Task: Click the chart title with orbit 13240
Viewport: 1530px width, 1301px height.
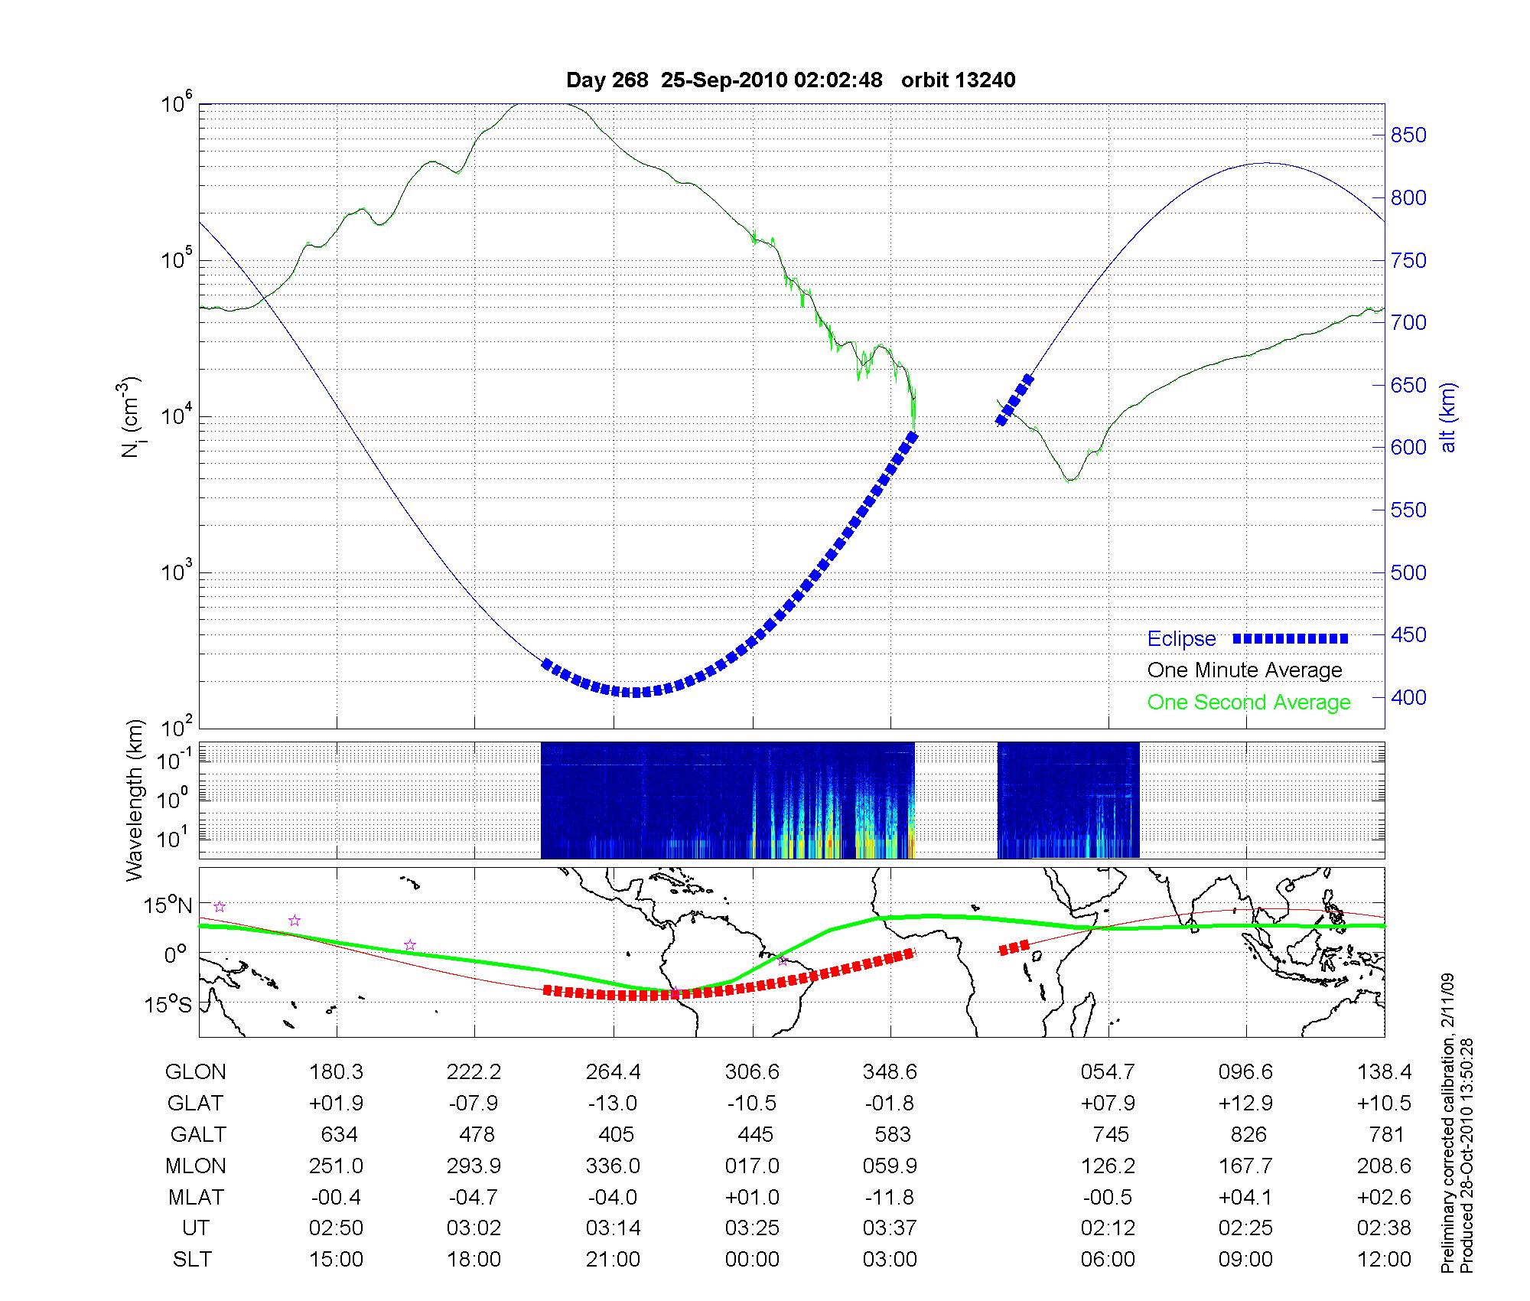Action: click(x=790, y=80)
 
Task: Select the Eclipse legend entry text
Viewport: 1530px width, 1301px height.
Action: click(x=1181, y=638)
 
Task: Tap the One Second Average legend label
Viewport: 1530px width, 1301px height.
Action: click(x=1248, y=702)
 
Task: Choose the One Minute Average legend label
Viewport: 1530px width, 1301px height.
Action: click(x=1245, y=670)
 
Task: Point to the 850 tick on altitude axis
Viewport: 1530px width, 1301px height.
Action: click(x=1408, y=135)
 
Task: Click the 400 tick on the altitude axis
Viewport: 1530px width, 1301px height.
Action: click(x=1408, y=697)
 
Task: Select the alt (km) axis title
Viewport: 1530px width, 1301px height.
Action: click(x=1448, y=417)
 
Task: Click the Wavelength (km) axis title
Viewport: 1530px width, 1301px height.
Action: click(x=135, y=800)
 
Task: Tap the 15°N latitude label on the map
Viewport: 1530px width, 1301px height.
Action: click(x=169, y=906)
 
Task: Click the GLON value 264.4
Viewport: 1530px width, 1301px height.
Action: click(x=613, y=1071)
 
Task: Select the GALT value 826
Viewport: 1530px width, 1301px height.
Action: click(x=1248, y=1134)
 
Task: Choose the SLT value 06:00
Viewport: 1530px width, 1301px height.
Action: click(x=1108, y=1259)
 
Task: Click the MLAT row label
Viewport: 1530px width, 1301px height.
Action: click(x=196, y=1197)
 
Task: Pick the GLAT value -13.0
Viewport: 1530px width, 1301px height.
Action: click(x=613, y=1103)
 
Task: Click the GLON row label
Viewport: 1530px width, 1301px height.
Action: click(x=196, y=1071)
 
